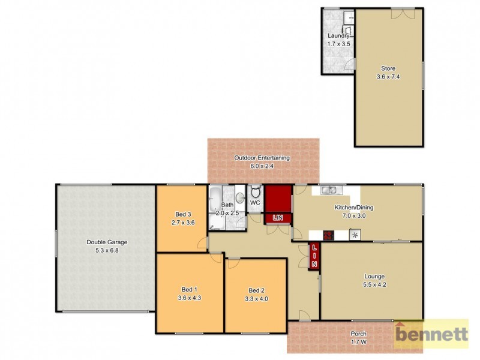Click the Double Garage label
pos(107,242)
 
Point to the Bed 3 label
pos(183,214)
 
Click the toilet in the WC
pos(255,193)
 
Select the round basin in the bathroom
pos(240,197)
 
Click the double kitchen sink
pos(329,191)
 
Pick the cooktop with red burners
pos(328,235)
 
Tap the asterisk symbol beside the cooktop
pos(355,235)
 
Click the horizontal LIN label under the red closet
pos(277,218)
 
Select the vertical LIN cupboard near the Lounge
pos(314,257)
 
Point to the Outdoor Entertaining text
pos(262,158)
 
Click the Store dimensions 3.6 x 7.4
pos(388,76)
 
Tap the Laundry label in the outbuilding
pos(338,35)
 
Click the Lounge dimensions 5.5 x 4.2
pos(374,284)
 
